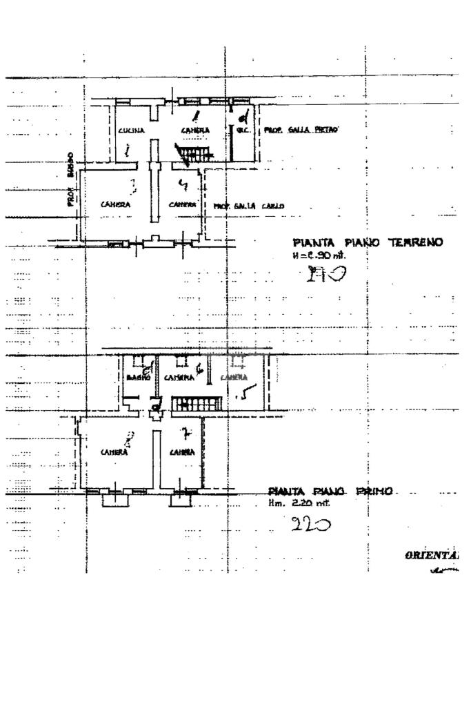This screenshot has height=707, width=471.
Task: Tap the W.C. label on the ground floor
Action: coord(243,129)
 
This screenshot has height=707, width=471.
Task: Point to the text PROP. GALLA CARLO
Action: coord(248,206)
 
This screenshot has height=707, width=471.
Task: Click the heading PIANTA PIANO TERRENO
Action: coord(367,242)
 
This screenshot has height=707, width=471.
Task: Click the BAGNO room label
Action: coord(138,378)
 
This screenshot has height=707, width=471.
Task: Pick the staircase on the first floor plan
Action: coord(198,404)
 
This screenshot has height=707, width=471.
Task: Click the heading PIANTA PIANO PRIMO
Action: coord(330,491)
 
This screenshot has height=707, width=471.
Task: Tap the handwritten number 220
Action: coord(310,525)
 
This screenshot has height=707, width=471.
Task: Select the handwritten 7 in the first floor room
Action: coord(183,434)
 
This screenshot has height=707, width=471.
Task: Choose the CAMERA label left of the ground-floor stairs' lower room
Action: coord(115,204)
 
